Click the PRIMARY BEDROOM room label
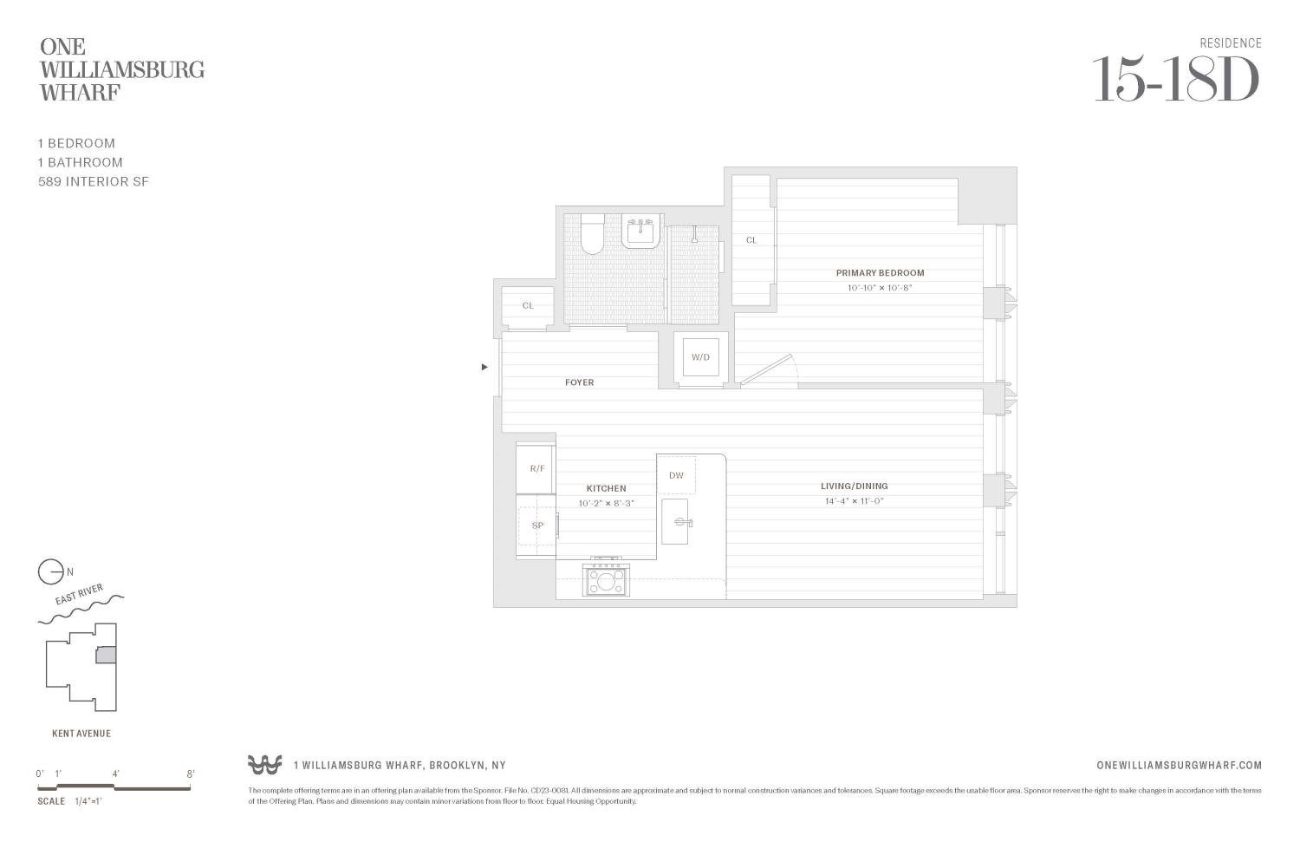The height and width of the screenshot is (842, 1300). tap(880, 273)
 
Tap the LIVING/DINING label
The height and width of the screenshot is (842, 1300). tap(854, 486)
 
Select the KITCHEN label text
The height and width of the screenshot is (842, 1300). tap(606, 489)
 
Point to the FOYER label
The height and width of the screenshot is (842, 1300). tap(579, 382)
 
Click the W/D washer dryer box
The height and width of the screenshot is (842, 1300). tap(700, 357)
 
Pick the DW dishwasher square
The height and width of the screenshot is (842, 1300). tap(676, 475)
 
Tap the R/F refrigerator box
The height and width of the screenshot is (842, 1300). tap(536, 469)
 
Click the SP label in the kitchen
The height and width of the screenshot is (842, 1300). tap(537, 525)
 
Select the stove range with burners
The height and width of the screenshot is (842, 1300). tap(607, 579)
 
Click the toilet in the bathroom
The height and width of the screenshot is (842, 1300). tap(593, 235)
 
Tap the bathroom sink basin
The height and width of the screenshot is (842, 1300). tap(641, 232)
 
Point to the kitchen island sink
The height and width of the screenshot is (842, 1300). tap(675, 522)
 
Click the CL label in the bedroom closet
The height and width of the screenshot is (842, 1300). tap(751, 240)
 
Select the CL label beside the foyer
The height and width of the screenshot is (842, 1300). tap(528, 306)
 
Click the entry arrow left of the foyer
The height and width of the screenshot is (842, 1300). tap(484, 367)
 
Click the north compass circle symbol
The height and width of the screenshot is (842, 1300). tap(50, 572)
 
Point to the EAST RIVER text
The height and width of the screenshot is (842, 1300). tap(79, 595)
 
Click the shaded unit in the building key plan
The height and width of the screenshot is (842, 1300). tap(106, 656)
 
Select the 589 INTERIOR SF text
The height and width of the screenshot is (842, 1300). tap(94, 182)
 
